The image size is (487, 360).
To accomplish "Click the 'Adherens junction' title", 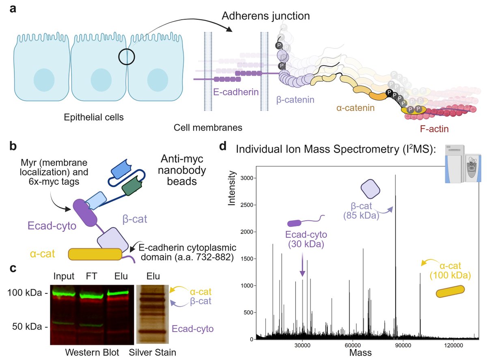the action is coord(265,16).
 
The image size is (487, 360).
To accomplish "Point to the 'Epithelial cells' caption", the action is coord(94,117).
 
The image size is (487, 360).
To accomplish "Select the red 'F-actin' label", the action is coord(434,129).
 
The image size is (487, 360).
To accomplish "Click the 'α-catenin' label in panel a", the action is coord(355,108).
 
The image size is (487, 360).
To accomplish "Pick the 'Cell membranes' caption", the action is coord(208,127).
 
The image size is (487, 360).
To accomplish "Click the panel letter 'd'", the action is coord(223,146).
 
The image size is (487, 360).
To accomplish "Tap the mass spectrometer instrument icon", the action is coord(463,164).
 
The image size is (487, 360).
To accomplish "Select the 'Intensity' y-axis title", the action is coord(232,188).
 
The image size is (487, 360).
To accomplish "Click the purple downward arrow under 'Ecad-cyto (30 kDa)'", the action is coord(302,265).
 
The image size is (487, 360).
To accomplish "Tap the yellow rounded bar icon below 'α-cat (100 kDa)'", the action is coord(450,291).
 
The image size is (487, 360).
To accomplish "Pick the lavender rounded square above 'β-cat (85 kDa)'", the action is coord(371,189).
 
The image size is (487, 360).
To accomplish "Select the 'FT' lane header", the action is coord(91,276).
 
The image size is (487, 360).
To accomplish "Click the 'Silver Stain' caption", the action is coord(152,352).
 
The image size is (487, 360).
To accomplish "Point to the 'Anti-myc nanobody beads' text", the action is coord(182,170).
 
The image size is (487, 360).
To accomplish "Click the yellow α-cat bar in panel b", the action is coord(95,254).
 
